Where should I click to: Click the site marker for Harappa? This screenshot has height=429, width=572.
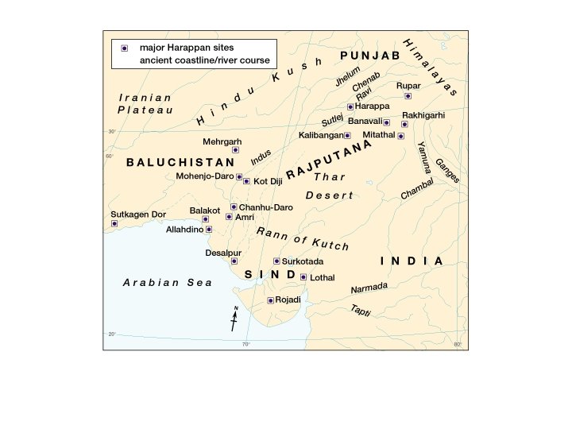350,106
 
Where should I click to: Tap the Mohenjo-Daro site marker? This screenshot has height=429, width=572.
239,176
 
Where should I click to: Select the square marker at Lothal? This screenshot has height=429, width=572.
303,277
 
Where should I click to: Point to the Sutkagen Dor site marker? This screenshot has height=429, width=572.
114,223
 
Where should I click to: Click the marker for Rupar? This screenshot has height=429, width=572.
408,96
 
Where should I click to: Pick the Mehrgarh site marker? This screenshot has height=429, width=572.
235,149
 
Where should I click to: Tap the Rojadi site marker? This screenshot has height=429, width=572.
271,300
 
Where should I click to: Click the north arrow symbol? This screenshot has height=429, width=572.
234,319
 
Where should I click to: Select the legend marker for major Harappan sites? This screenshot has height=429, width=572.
124,48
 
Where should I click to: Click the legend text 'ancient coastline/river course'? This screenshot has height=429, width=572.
206,60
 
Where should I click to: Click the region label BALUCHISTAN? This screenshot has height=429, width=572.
169,162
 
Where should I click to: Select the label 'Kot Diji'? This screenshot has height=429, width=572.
268,182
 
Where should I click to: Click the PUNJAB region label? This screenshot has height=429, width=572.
369,55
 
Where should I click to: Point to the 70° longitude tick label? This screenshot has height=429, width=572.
245,344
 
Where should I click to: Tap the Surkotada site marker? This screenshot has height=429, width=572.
276,261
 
